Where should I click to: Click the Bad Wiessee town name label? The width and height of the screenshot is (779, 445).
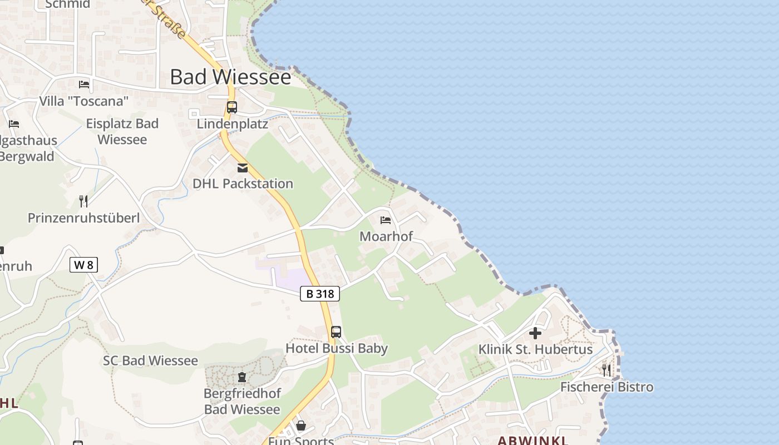[230, 77]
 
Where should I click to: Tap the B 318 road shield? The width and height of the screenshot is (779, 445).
[320, 294]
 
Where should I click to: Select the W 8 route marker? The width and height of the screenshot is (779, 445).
[83, 265]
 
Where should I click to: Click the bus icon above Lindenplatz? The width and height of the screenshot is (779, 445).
[232, 107]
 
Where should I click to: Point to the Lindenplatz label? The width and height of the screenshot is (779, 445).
[233, 123]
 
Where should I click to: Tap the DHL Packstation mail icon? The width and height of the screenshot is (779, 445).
[243, 168]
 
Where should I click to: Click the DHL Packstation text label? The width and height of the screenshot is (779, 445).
[243, 184]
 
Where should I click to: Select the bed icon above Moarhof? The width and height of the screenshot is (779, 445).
[386, 220]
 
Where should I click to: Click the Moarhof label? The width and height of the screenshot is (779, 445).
[386, 236]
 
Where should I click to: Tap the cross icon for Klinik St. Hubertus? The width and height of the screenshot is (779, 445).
[535, 333]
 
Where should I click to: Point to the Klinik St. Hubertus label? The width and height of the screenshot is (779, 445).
[536, 349]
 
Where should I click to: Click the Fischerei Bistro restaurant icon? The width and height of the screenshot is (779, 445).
[607, 369]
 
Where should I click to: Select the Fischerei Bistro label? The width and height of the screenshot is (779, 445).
[607, 387]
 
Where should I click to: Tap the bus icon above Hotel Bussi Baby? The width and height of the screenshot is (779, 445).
[336, 332]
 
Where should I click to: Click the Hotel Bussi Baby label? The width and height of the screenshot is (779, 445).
[337, 348]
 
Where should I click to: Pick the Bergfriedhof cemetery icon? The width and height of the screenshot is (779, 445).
[242, 377]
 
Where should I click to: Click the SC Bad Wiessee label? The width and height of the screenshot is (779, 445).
[150, 360]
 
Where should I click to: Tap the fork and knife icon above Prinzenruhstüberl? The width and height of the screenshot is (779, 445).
[83, 201]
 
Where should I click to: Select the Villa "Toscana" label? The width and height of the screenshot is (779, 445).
[84, 101]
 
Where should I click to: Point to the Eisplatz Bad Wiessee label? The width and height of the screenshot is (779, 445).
[122, 131]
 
